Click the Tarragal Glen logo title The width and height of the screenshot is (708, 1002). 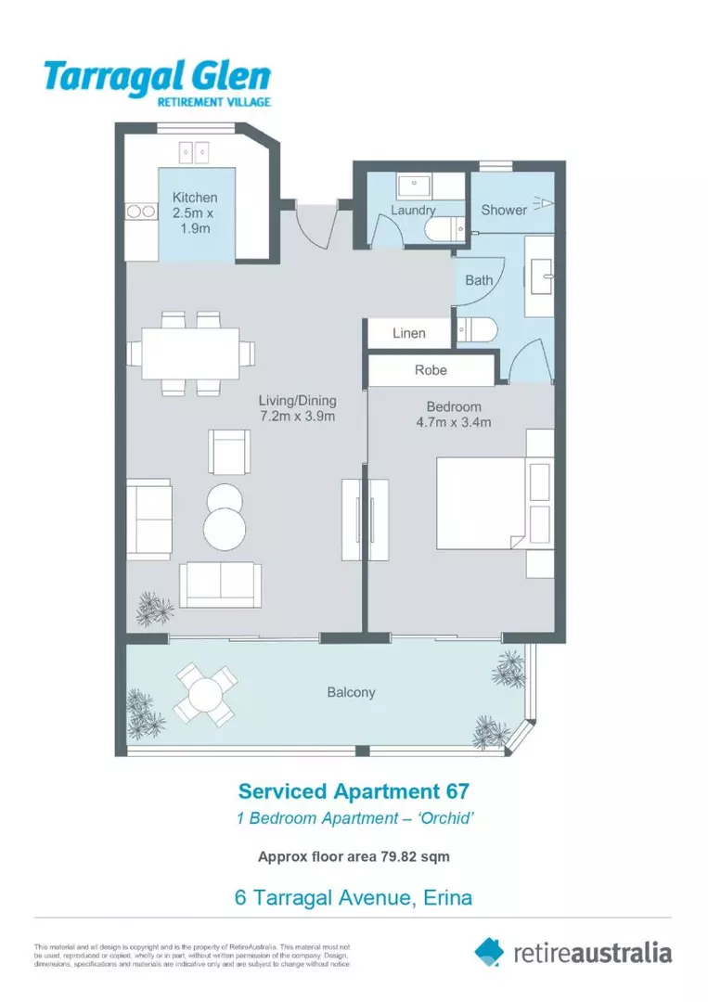158,75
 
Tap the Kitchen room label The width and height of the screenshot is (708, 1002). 195,198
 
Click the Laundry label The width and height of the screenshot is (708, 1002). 412,211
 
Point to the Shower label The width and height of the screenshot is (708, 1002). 503,210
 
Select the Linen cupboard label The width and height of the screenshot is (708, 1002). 408,333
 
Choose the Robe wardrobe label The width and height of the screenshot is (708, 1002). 431,370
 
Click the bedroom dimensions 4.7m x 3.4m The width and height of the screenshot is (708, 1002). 454,422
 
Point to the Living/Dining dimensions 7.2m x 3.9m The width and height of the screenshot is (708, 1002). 297,417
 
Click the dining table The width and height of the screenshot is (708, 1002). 190,353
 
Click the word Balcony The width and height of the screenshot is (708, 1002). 352,692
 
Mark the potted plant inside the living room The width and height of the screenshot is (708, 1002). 154,610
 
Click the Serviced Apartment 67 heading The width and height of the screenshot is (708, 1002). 354,791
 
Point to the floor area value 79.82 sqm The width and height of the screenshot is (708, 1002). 416,856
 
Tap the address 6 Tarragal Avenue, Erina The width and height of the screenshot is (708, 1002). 354,897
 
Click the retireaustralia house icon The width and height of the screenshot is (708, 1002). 489,951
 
